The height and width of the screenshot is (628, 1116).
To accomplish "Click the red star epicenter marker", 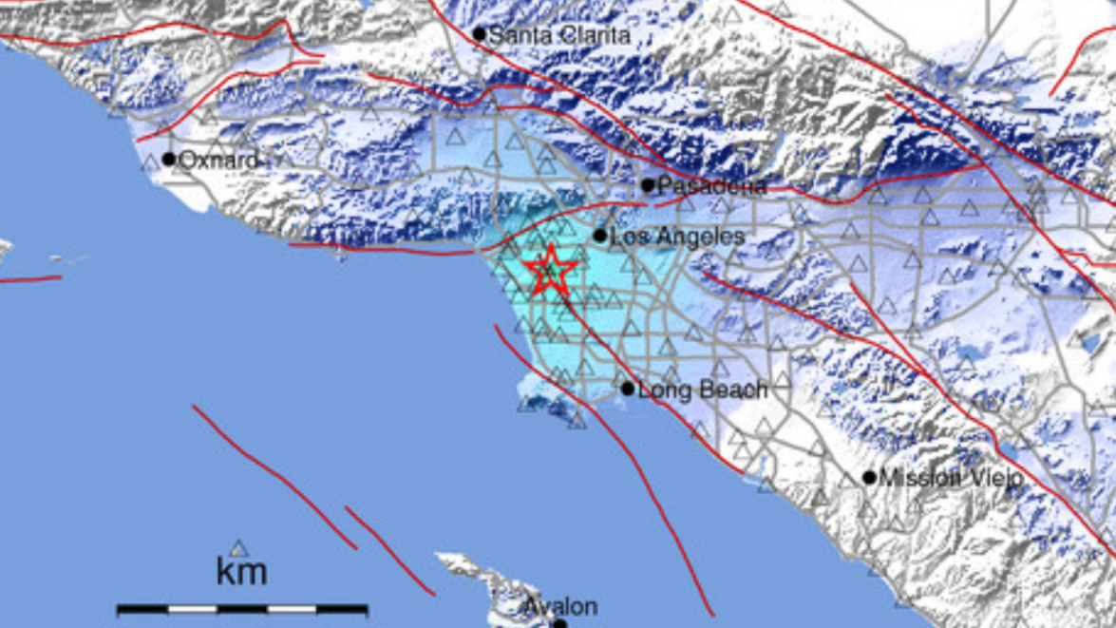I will click(x=550, y=272).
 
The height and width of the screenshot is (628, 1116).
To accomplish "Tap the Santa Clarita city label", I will click(x=558, y=35).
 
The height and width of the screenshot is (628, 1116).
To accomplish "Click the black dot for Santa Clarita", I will click(x=480, y=35).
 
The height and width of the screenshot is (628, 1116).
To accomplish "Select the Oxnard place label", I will click(x=218, y=161).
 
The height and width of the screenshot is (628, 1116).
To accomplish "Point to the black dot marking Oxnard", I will click(x=169, y=159).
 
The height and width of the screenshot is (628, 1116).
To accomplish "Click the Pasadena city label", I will click(x=711, y=186).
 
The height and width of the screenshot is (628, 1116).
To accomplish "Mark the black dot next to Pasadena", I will click(x=648, y=185).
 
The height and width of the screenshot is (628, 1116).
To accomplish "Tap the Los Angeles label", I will click(x=676, y=237).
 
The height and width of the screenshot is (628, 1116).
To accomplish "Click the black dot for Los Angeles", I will click(x=600, y=236).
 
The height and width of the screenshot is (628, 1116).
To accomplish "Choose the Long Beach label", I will click(x=702, y=390).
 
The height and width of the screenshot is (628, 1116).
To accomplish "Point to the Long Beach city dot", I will click(x=628, y=389).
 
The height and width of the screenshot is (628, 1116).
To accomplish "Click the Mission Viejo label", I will click(x=951, y=478).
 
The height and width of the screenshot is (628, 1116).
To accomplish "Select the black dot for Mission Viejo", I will click(x=869, y=477).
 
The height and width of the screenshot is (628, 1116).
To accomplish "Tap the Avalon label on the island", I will click(x=563, y=606).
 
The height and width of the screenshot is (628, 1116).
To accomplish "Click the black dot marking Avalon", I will click(x=559, y=624).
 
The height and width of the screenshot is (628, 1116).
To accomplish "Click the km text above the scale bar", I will click(x=241, y=572).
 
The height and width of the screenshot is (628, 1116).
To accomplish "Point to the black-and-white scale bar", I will click(x=242, y=609).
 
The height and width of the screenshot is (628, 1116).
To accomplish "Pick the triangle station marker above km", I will click(x=239, y=548).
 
